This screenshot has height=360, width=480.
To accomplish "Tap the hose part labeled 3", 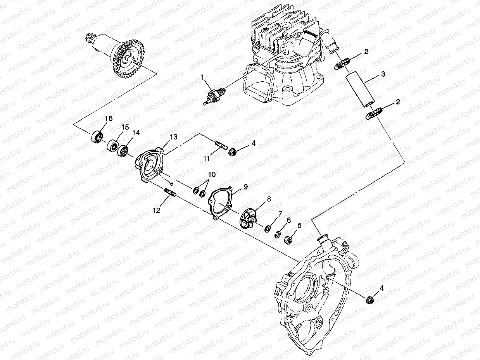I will (x=361, y=90).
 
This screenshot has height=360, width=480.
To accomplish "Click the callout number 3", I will (x=382, y=74).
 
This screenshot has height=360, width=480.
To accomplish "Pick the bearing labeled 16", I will (x=97, y=137).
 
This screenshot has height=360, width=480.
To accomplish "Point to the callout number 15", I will (x=125, y=127).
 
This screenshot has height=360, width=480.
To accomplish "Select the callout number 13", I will (x=173, y=137).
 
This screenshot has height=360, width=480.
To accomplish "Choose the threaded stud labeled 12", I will (x=171, y=192).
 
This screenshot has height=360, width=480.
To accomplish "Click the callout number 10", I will (x=211, y=174).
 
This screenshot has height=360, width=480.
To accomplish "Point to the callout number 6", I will (x=288, y=220).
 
